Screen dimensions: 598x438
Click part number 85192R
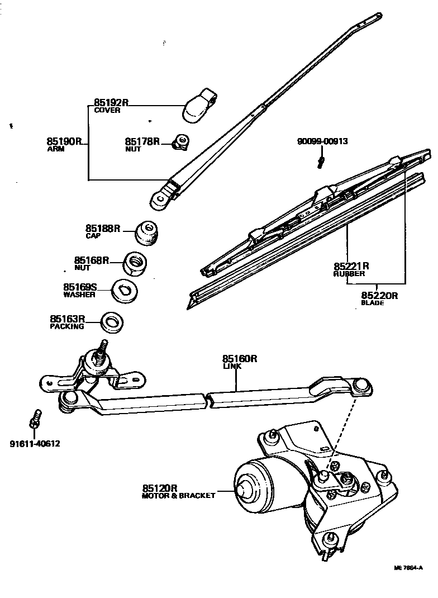111,103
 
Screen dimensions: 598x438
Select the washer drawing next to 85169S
123,289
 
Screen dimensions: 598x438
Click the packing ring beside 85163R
112,322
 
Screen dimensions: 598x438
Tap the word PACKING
66,326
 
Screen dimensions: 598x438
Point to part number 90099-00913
322,141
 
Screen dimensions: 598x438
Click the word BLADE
373,303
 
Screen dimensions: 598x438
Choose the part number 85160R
239,359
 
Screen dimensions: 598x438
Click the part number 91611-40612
35,444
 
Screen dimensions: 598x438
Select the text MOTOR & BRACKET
178,496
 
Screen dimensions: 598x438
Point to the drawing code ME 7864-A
408,568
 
